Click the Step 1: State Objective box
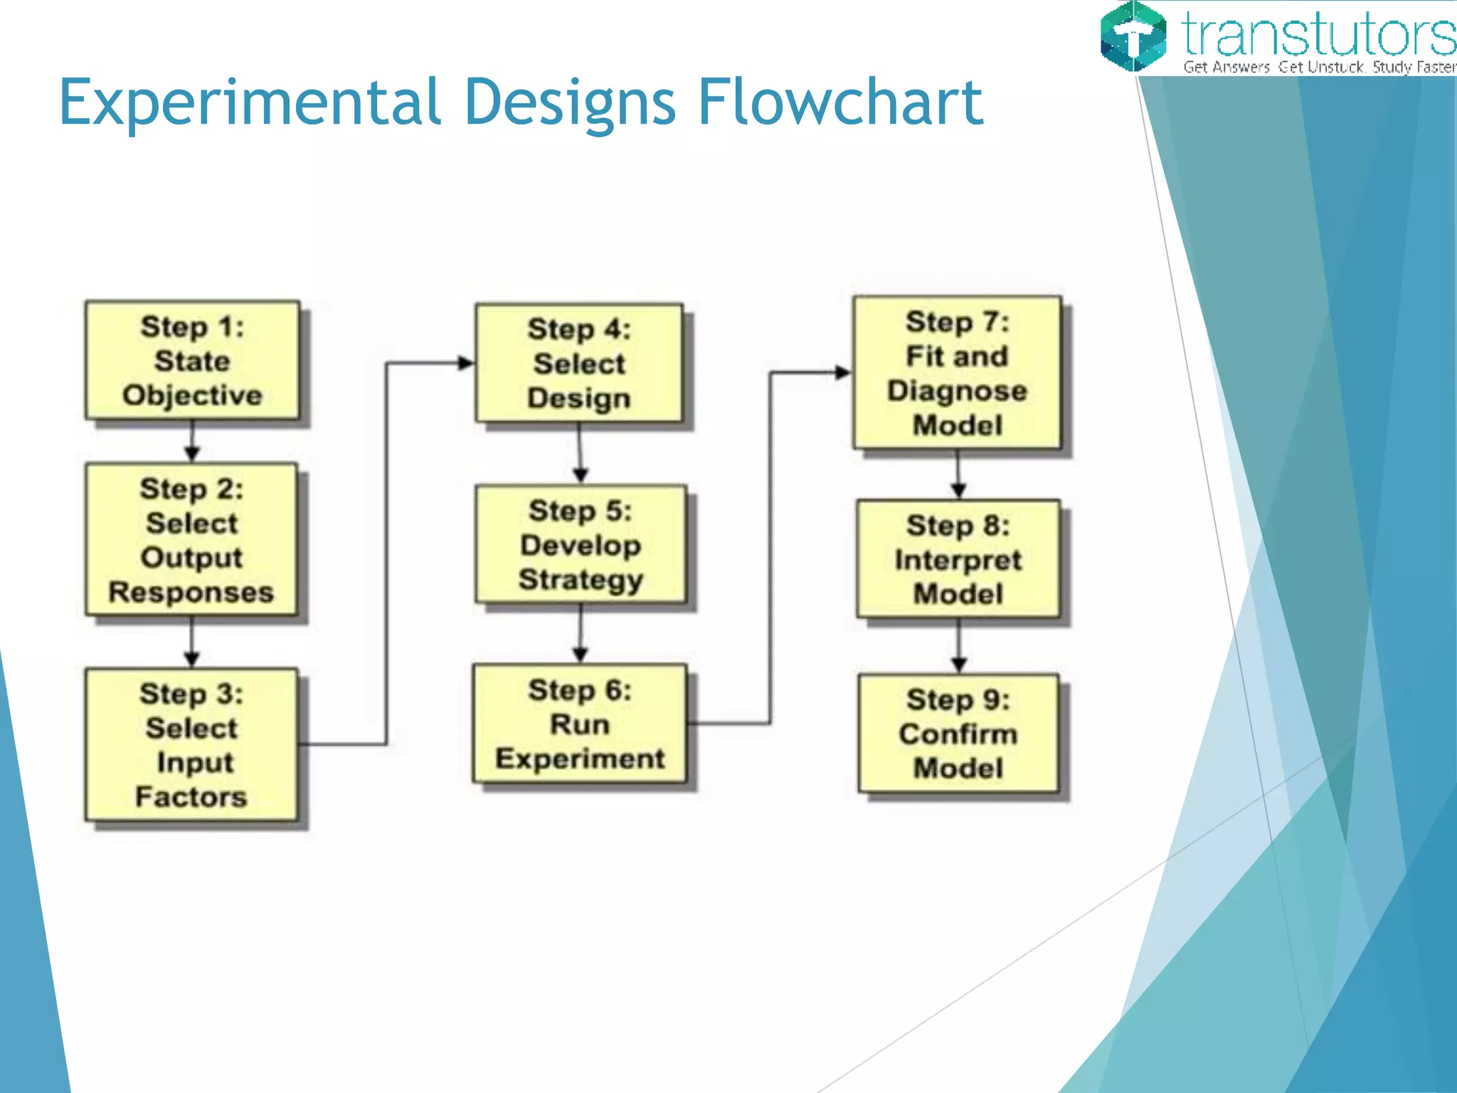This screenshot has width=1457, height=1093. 192,360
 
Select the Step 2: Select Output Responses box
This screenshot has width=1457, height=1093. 191,539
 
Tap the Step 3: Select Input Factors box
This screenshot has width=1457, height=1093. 191,744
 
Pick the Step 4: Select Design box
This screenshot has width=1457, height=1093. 579,363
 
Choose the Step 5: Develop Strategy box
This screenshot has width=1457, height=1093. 581,544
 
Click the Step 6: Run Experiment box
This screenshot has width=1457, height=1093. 580,724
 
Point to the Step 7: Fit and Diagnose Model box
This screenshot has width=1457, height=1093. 957,373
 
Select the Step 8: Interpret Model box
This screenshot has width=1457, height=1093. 958,559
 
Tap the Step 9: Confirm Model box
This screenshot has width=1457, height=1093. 958,733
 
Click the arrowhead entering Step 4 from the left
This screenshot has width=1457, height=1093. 466,363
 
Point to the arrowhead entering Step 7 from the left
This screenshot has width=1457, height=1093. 843,372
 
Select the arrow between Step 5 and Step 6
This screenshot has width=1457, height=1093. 581,634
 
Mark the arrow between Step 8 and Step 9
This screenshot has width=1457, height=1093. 958,646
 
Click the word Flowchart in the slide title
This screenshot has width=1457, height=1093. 840,103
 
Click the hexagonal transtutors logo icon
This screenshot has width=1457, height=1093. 1133,36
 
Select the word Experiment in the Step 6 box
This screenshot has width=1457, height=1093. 580,759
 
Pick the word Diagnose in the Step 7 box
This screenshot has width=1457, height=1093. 957,391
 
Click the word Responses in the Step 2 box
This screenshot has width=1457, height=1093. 191,592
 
